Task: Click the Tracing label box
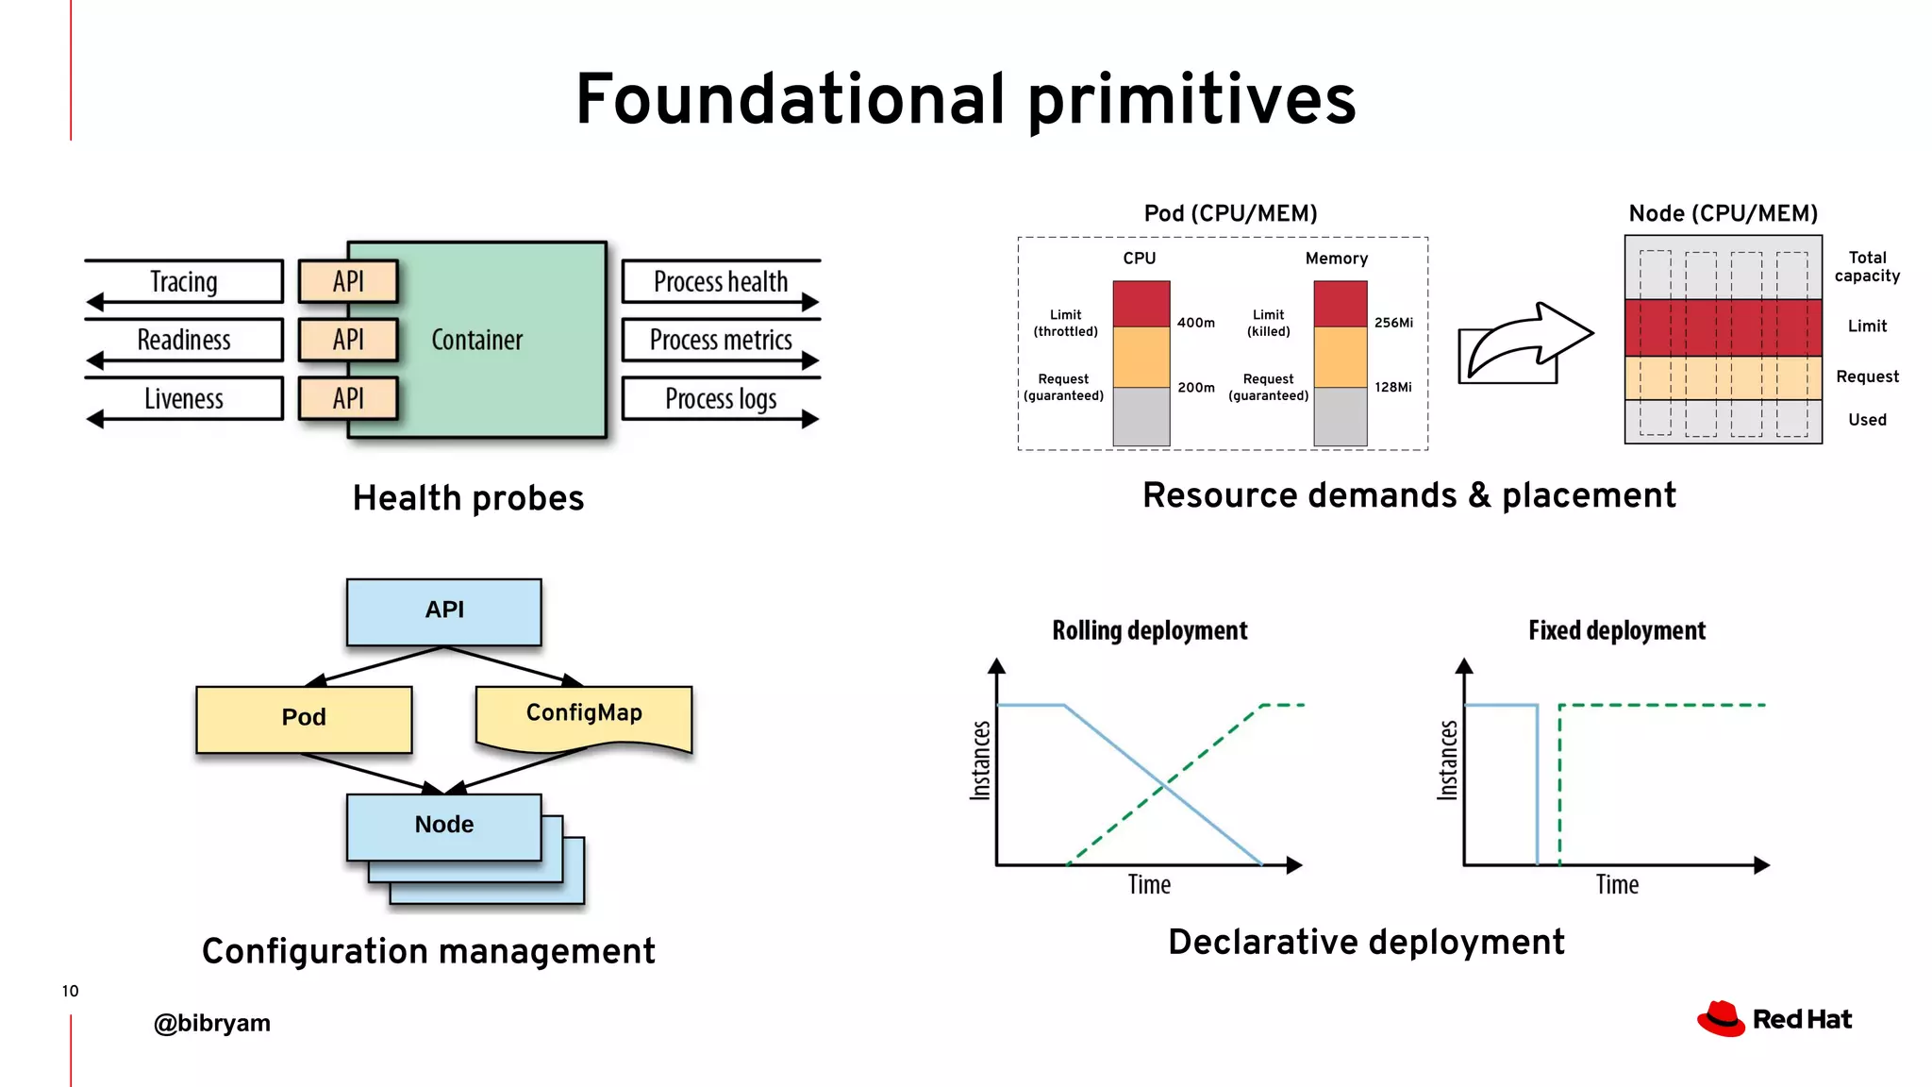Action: [x=184, y=281]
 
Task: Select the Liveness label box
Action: [x=184, y=398]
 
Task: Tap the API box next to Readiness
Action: [x=348, y=340]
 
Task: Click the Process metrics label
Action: [x=721, y=340]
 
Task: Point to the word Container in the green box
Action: [x=476, y=340]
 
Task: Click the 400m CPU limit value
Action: [x=1195, y=323]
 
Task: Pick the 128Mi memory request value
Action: [x=1392, y=387]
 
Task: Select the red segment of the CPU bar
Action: [x=1141, y=304]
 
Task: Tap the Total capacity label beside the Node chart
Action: [x=1866, y=266]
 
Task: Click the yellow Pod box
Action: [x=304, y=718]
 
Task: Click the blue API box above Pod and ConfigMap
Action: [x=444, y=610]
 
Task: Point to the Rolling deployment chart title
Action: [x=1149, y=630]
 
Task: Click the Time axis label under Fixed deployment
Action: [x=1616, y=884]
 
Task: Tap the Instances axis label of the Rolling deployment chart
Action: [x=981, y=761]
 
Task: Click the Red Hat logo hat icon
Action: [x=1721, y=1019]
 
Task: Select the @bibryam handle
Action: [x=212, y=1023]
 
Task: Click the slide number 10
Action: [x=70, y=991]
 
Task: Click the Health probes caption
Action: [x=468, y=498]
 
